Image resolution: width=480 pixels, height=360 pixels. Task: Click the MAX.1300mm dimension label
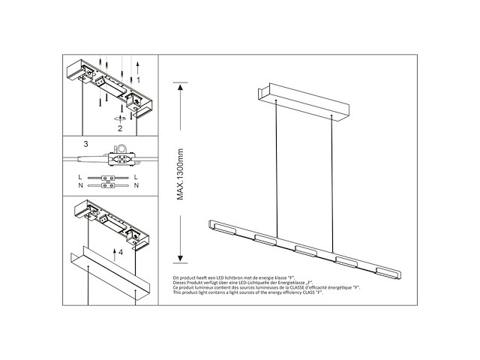pyautogui.click(x=181, y=172)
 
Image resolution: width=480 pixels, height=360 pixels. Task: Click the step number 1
pyautogui.click(x=137, y=79)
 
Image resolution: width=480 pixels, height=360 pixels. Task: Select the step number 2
pyautogui.click(x=119, y=128)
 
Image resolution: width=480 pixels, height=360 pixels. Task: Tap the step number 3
pyautogui.click(x=86, y=142)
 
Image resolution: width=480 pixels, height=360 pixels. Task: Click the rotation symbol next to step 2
pyautogui.click(x=118, y=118)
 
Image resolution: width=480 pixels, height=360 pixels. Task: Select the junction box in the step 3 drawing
pyautogui.click(x=119, y=159)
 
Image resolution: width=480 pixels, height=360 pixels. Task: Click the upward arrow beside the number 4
pyautogui.click(x=112, y=251)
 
